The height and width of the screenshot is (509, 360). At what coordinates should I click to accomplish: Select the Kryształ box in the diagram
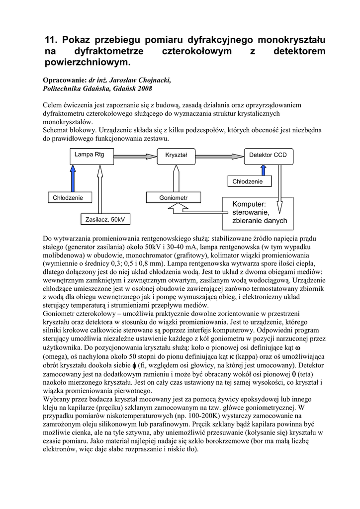(176, 155)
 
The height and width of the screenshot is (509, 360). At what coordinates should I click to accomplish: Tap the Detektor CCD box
(268, 155)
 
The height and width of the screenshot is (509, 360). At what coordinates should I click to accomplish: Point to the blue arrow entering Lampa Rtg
(73, 177)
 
